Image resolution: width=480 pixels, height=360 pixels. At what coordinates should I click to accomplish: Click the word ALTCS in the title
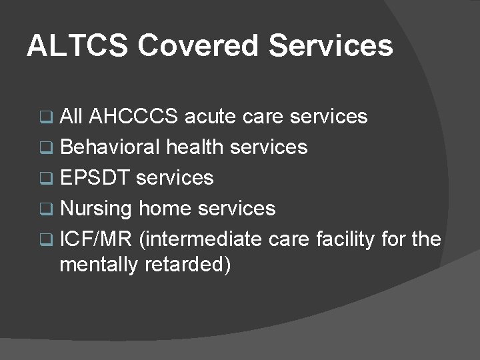(x=77, y=46)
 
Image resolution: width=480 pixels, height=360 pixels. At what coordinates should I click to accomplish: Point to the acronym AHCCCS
(x=133, y=117)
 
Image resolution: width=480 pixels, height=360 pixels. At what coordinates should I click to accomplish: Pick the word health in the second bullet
(x=195, y=147)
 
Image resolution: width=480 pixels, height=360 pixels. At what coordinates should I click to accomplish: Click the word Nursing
(x=96, y=209)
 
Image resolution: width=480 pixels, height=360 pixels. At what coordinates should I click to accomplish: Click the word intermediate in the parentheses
(x=201, y=239)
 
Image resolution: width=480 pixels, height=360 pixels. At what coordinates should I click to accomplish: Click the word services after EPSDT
(x=175, y=177)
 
